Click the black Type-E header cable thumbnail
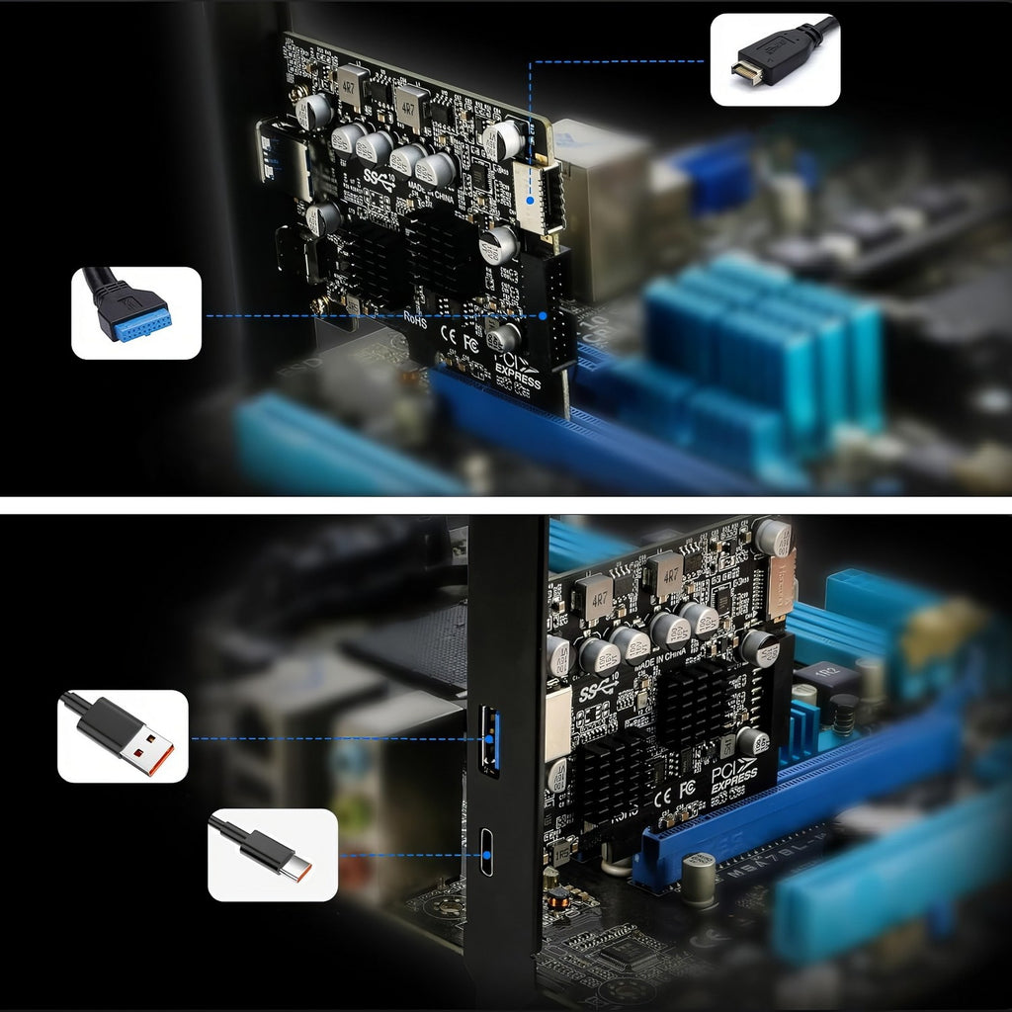point(775,58)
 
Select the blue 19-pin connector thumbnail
point(135,312)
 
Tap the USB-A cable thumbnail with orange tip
point(123,735)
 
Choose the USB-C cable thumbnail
point(272,854)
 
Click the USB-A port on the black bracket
point(488,740)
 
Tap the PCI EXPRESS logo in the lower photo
point(732,772)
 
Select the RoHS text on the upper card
point(417,316)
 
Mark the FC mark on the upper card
point(470,345)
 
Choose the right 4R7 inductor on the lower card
point(665,572)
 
